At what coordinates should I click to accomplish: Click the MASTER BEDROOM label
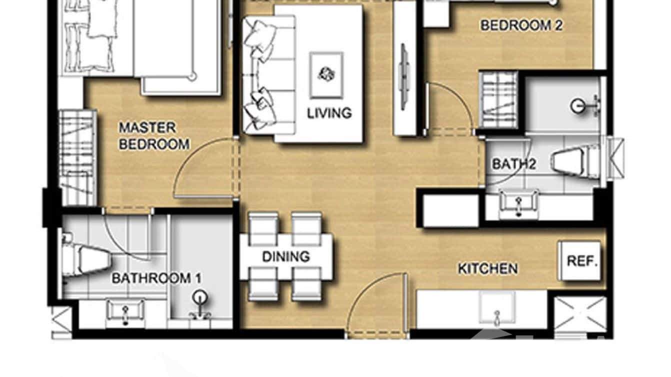click(153, 136)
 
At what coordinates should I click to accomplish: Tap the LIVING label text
click(329, 113)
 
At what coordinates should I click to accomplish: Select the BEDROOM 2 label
click(521, 25)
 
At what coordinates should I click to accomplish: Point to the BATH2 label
click(513, 164)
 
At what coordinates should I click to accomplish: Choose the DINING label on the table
click(286, 257)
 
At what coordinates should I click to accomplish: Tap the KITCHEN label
click(487, 269)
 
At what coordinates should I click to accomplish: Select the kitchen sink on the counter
click(496, 308)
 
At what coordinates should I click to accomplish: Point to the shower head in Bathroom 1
click(200, 299)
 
